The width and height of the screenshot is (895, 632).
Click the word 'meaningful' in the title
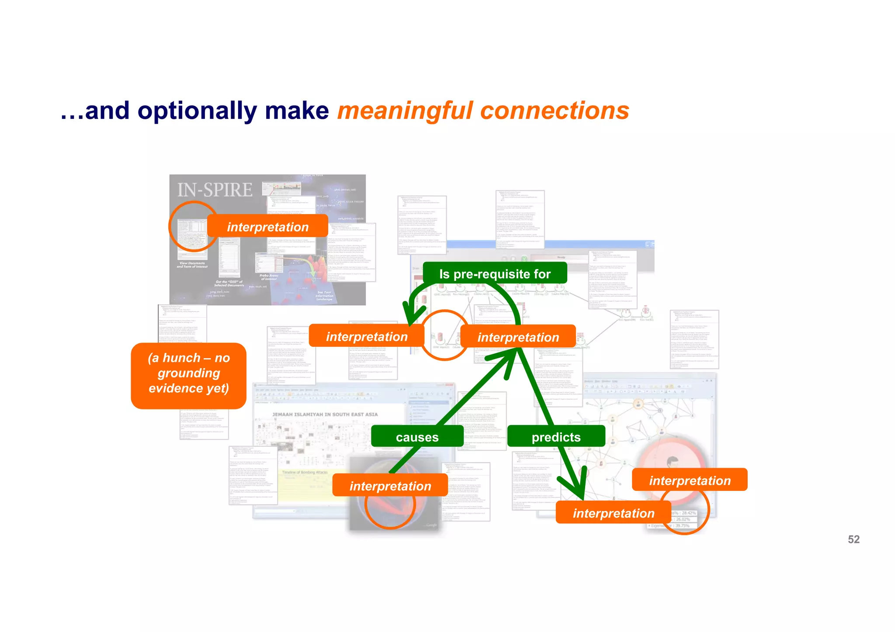pyautogui.click(x=405, y=111)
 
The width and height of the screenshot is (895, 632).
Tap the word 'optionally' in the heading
pyautogui.click(x=197, y=111)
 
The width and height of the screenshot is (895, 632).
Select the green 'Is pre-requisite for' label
pyautogui.click(x=495, y=274)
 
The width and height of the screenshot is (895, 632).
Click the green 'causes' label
pyautogui.click(x=417, y=437)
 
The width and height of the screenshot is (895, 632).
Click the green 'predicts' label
pyautogui.click(x=556, y=437)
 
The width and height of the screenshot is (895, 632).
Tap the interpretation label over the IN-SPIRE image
pyautogui.click(x=267, y=227)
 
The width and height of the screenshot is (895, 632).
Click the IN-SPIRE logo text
pyautogui.click(x=215, y=190)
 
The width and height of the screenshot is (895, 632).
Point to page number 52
pyautogui.click(x=853, y=539)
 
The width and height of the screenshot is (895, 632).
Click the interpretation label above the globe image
pyautogui.click(x=390, y=486)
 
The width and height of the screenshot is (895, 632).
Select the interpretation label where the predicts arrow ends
pyautogui.click(x=613, y=513)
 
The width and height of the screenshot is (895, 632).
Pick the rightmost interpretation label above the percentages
pyautogui.click(x=690, y=480)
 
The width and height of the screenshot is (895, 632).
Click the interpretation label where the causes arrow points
pyautogui.click(x=518, y=337)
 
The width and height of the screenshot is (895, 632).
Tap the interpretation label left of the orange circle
pyautogui.click(x=366, y=336)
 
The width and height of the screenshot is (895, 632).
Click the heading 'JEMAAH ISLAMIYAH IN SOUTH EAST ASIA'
pyautogui.click(x=325, y=414)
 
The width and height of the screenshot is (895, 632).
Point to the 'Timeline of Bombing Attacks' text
pyautogui.click(x=305, y=473)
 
